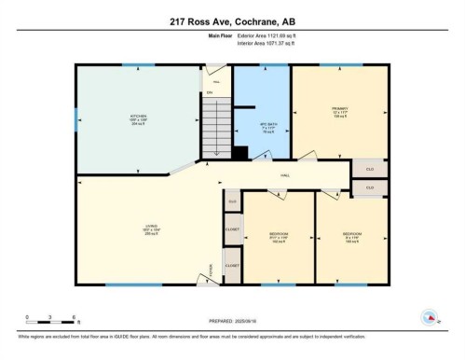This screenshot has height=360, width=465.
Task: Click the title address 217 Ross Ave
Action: pyautogui.click(x=231, y=21)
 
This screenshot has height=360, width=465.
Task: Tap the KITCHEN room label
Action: pyautogui.click(x=138, y=118)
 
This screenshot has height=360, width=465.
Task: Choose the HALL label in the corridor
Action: pyautogui.click(x=283, y=174)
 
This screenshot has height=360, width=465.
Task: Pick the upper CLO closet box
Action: pyautogui.click(x=369, y=169)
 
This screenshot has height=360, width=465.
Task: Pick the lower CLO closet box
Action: pyautogui.click(x=369, y=187)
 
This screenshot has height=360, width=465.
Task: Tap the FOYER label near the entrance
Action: pyautogui.click(x=212, y=267)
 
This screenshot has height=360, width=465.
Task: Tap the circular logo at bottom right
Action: pyautogui.click(x=430, y=316)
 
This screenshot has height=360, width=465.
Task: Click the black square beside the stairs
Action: pyautogui.click(x=239, y=153)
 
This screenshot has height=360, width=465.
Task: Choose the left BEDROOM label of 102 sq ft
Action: pyautogui.click(x=279, y=235)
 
